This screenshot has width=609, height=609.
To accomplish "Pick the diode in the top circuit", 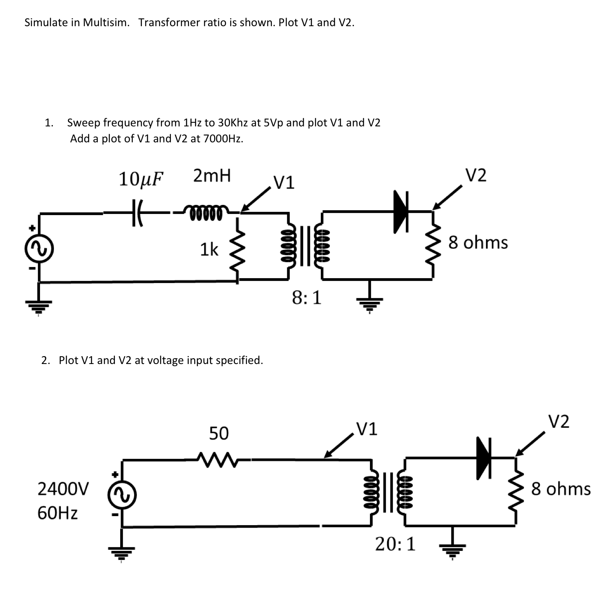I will [401, 211].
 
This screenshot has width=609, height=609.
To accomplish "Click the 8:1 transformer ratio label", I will [307, 298].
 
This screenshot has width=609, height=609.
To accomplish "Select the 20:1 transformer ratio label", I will [395, 544].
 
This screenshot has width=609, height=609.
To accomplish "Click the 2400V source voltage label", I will [63, 489].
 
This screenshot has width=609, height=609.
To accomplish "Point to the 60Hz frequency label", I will [57, 513].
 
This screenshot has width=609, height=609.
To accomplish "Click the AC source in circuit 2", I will [121, 496].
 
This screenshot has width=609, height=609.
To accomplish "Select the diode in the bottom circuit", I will [484, 457].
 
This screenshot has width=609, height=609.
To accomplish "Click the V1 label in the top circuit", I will [284, 182].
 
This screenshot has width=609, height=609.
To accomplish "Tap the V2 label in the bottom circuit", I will [558, 422].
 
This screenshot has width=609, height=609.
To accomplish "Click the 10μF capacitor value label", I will [141, 179].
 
